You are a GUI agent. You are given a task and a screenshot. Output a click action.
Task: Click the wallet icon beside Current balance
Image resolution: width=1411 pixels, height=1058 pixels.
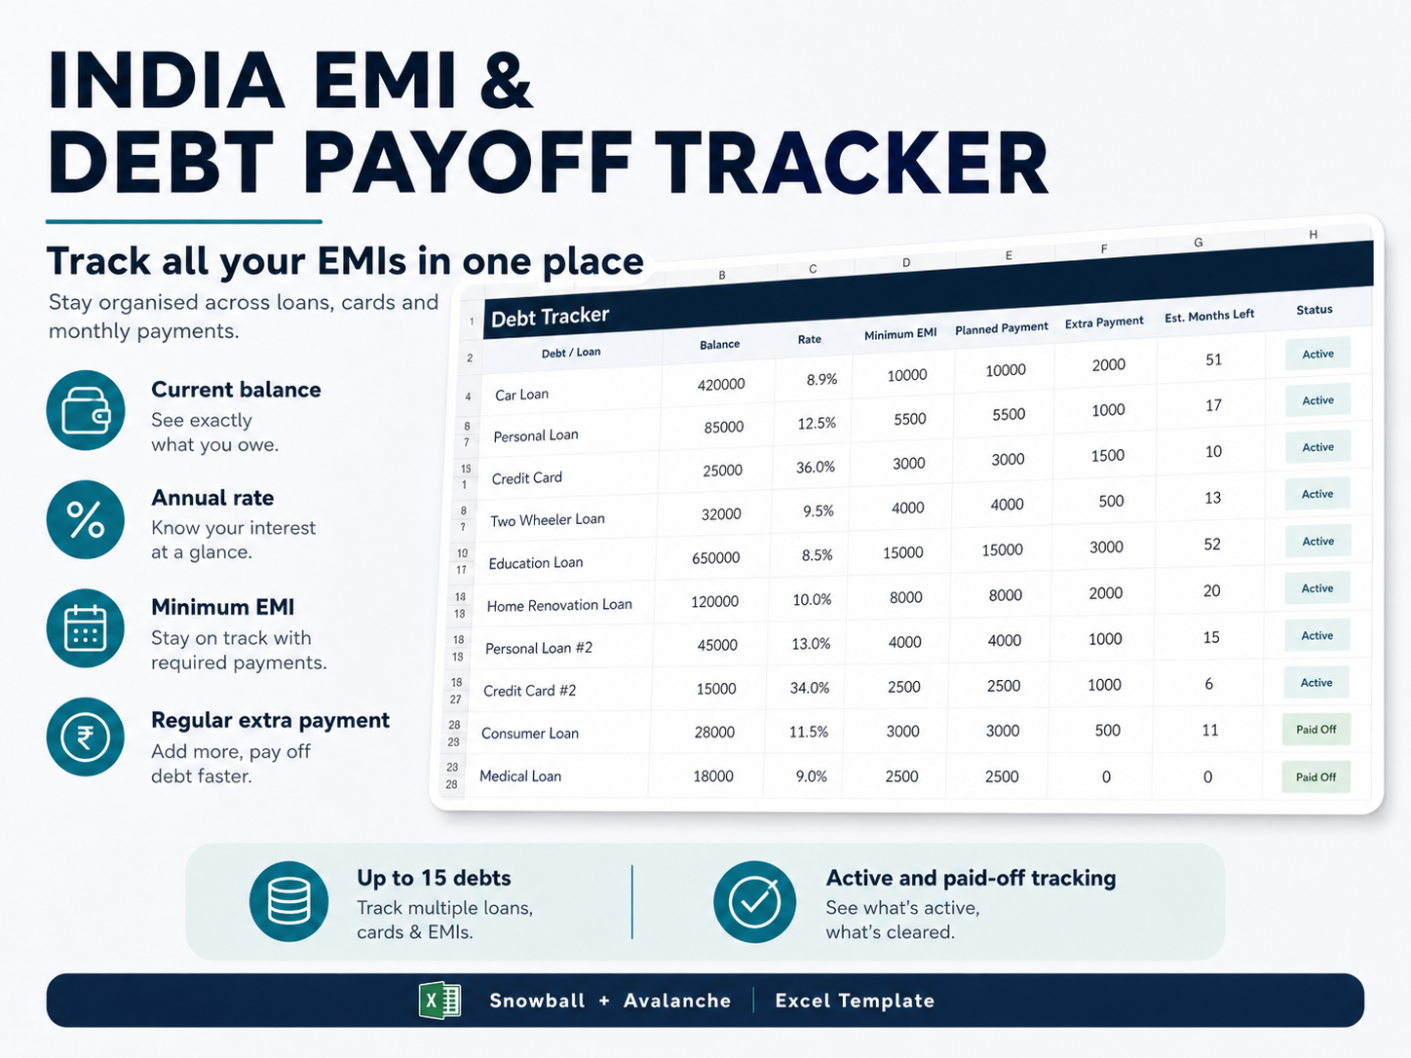click(86, 410)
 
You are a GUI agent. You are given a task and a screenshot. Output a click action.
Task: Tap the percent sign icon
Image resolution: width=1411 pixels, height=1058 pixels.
click(86, 519)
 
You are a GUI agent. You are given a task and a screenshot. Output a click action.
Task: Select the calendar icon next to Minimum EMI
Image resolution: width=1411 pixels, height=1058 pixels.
click(86, 627)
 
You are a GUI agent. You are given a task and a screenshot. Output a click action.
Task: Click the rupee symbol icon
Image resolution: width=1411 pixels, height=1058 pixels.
click(86, 737)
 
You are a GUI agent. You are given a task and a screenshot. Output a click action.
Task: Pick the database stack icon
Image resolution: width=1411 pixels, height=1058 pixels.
click(288, 901)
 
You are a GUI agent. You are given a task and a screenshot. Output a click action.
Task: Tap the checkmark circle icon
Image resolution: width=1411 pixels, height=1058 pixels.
click(754, 901)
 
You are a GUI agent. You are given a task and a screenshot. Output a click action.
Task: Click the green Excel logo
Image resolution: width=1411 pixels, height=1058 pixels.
click(439, 1001)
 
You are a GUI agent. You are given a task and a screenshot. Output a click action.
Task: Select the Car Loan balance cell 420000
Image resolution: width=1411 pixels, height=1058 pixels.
click(721, 384)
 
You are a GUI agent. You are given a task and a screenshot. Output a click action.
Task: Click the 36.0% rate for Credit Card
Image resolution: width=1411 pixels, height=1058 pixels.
click(815, 467)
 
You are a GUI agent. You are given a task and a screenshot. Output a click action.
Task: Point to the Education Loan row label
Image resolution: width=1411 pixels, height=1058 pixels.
click(536, 563)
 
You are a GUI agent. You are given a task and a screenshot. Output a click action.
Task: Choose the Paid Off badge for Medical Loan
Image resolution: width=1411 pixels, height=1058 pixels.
click(1316, 776)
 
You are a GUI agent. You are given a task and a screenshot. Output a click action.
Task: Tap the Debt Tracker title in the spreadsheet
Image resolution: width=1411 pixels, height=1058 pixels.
click(550, 316)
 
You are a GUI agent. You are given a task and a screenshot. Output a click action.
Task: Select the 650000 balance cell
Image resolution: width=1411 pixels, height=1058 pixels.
click(715, 557)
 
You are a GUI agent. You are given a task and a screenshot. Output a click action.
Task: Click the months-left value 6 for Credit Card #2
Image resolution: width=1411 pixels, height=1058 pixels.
click(1208, 684)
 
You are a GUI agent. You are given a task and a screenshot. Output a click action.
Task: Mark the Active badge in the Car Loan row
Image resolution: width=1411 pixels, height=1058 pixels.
click(1317, 354)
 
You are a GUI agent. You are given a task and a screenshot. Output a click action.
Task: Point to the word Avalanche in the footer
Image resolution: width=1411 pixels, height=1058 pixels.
click(677, 1001)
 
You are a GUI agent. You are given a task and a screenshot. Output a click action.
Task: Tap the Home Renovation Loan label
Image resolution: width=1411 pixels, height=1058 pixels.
click(559, 605)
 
